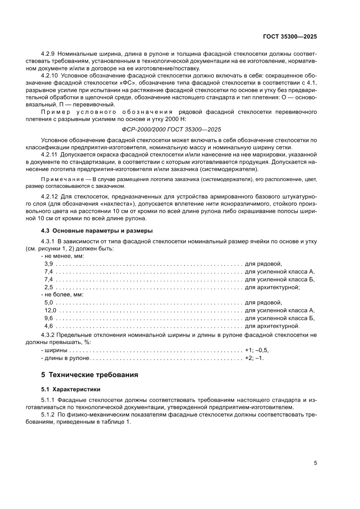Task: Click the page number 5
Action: pos(315,463)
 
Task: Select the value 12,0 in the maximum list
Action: pos(50,310)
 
